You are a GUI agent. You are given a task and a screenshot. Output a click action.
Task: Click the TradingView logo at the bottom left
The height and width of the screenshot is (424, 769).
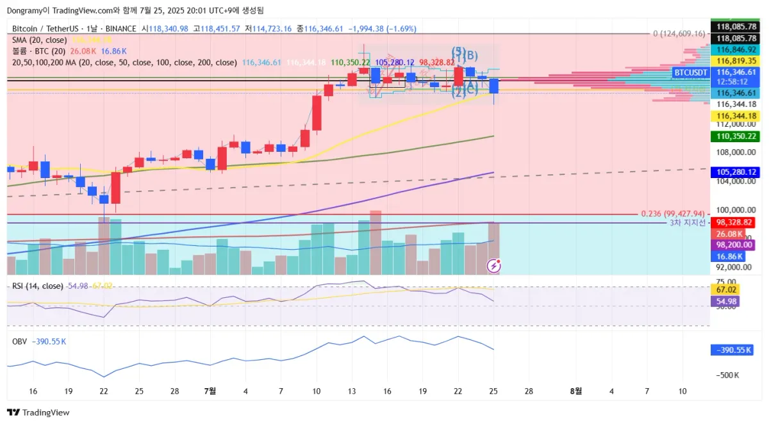pos(38,412)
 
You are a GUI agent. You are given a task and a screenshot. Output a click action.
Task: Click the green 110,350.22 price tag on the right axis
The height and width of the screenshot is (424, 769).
pos(734,136)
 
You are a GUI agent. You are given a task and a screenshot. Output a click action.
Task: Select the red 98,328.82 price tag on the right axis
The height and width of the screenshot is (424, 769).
pos(734,222)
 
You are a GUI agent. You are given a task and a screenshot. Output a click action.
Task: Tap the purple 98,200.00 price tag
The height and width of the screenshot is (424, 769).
pos(734,245)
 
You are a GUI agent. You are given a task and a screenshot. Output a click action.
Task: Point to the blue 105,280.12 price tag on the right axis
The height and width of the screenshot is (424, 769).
pos(734,172)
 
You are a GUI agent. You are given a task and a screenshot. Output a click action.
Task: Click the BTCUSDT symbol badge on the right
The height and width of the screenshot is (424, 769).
pos(690,73)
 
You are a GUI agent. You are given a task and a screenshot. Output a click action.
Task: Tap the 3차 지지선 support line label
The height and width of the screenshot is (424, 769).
pos(687,223)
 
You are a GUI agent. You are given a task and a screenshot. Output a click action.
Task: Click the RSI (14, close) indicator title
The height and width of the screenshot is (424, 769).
pos(38,286)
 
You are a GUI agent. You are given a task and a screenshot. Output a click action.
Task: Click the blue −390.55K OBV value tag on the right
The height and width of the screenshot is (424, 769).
pos(733,350)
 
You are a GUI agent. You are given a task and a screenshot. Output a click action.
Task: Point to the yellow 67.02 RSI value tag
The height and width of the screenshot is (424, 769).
pos(728,289)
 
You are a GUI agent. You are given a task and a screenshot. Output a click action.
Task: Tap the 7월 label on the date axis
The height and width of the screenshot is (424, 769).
pos(210,391)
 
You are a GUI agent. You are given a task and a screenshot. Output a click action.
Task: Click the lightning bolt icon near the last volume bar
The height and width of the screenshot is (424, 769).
pos(493,265)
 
